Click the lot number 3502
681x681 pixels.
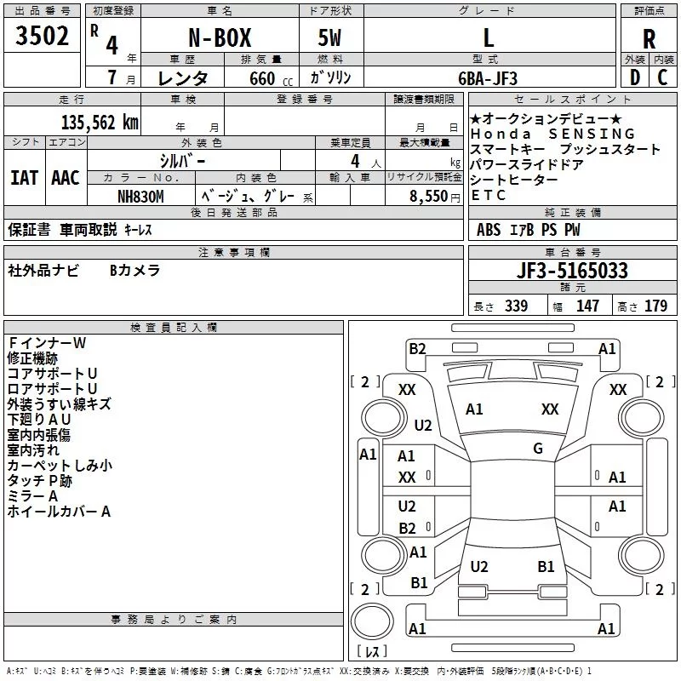tap(42, 36)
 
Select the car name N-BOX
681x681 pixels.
tap(220, 37)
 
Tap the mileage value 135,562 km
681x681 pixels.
tap(100, 123)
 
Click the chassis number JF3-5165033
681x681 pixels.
tap(572, 271)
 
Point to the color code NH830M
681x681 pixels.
tap(140, 197)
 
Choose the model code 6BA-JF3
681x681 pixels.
tap(488, 78)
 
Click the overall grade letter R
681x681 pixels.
tap(649, 39)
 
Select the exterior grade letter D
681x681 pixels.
tap(635, 77)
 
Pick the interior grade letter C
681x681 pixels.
tap(662, 77)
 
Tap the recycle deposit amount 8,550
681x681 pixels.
tap(428, 197)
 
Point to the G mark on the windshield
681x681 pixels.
tap(538, 449)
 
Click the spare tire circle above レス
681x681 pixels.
tap(372, 621)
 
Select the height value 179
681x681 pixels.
tap(655, 306)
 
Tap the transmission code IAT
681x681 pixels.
tap(24, 178)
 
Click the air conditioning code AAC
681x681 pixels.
tap(66, 178)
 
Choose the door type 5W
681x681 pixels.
tap(329, 37)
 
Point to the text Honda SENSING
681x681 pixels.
tap(552, 134)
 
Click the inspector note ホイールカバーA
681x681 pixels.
tap(59, 512)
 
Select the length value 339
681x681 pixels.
tap(517, 306)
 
